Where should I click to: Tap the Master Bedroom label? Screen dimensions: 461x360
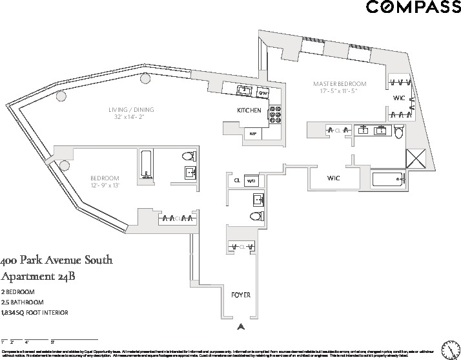(x=340, y=84)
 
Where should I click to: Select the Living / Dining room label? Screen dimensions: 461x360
(x=131, y=109)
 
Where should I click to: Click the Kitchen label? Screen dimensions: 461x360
(x=249, y=111)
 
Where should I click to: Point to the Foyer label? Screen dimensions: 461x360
(x=240, y=295)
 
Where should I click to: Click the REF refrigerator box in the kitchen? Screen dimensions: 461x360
(x=253, y=134)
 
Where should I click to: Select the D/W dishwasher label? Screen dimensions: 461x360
(x=263, y=93)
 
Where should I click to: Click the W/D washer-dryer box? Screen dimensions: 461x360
(x=252, y=180)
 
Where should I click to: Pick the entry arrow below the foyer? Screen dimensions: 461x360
(x=240, y=327)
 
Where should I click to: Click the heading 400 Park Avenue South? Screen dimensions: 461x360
(x=57, y=261)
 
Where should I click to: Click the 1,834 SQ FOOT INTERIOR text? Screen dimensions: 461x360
(x=35, y=313)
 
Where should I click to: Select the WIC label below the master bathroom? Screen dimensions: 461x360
(x=333, y=178)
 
